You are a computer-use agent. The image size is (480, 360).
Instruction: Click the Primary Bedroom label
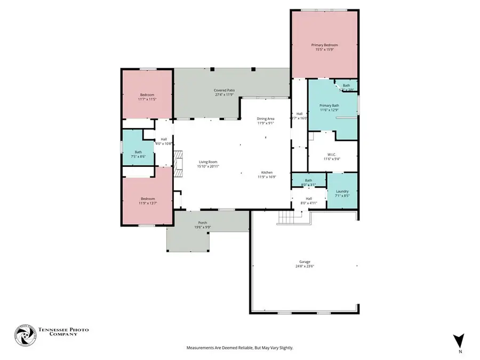[324, 45]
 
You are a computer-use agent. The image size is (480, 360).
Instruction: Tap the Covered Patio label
[225, 91]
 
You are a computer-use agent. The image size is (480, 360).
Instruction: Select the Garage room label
[304, 261]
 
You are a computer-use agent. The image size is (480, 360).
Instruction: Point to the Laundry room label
[342, 191]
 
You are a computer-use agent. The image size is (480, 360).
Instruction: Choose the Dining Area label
[266, 119]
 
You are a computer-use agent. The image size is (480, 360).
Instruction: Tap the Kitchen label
[267, 173]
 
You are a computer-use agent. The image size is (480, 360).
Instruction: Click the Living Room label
[208, 162]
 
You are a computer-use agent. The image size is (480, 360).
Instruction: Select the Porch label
[203, 222]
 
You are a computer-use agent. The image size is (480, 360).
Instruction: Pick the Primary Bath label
[329, 106]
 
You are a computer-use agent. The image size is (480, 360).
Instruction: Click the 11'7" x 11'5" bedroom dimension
[147, 100]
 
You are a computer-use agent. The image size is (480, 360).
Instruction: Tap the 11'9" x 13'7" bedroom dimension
[148, 203]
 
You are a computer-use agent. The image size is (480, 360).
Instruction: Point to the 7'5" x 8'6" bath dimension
[138, 156]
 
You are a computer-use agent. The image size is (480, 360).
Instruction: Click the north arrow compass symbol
[459, 340]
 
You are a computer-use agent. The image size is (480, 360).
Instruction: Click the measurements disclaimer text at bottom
[239, 348]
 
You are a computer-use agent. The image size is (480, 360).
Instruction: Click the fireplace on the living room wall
[178, 159]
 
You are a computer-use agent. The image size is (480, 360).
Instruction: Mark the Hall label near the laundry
[309, 198]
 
